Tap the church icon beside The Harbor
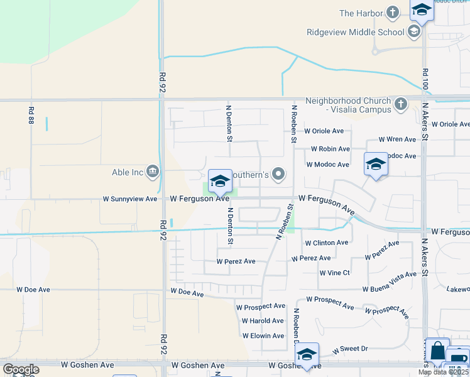(x=393, y=13)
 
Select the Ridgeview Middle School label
(x=355, y=32)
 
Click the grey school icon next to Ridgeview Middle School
(x=413, y=31)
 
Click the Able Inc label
(x=129, y=172)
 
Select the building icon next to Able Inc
(x=153, y=171)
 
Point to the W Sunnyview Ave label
(x=130, y=199)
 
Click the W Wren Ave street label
(x=397, y=139)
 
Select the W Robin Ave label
(x=331, y=149)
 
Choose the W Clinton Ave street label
(x=326, y=243)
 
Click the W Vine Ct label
(x=334, y=273)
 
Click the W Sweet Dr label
(x=350, y=348)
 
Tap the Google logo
(x=21, y=369)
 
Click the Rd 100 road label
(x=425, y=78)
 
